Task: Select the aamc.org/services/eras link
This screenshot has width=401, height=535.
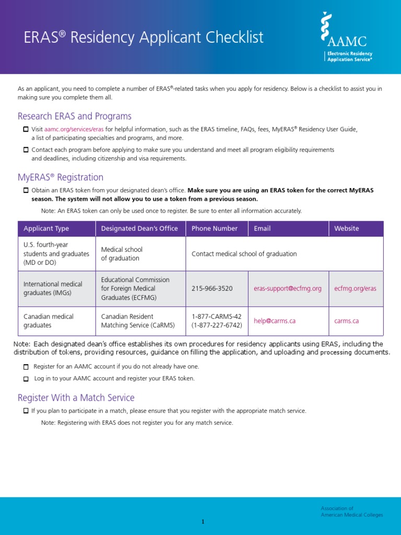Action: coord(74,129)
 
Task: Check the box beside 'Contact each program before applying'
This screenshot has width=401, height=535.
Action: coord(26,150)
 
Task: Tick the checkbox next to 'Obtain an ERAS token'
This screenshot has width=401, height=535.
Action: coord(26,190)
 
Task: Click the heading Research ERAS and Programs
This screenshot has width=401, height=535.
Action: coord(75,116)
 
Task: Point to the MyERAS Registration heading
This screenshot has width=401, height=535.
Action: coord(61,177)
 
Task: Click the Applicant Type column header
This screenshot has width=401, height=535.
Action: coord(46,228)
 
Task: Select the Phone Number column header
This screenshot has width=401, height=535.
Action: coord(215,228)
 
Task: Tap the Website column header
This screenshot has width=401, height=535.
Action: coord(347,228)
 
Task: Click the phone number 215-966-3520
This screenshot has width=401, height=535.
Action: coord(212,288)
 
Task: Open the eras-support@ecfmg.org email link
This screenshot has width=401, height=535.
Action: coord(288,288)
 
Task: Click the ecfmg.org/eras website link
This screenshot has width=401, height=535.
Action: coord(355,288)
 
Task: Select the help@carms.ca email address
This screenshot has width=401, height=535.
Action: coord(275,321)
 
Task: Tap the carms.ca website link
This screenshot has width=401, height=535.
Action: coord(347,321)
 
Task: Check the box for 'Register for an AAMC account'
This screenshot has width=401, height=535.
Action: coord(26,367)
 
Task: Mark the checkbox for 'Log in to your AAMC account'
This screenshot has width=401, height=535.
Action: coord(26,379)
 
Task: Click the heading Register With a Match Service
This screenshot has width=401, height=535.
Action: coord(76,398)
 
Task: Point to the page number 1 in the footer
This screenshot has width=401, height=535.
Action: coord(203,522)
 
